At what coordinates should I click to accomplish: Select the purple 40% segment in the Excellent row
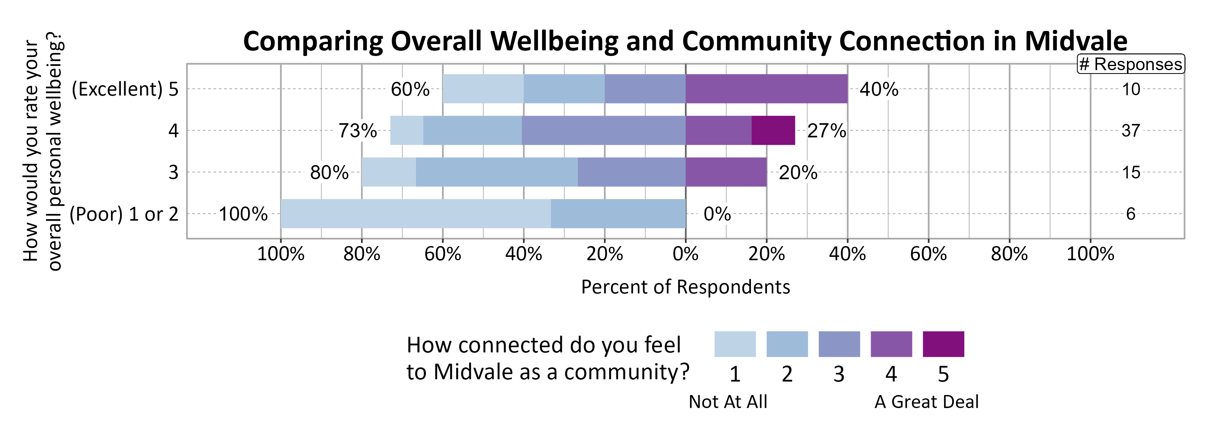coord(766,88)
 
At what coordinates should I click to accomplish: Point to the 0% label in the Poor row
coord(717,214)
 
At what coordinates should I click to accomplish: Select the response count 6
coord(1130,214)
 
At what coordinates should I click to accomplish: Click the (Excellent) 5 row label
coord(125,89)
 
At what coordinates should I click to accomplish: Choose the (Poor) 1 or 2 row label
coord(124,214)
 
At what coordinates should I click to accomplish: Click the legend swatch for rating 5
coord(943,344)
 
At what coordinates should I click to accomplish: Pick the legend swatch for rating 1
coord(734,344)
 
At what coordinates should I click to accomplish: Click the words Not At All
coord(727,402)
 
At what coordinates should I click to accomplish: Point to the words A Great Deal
coord(926,402)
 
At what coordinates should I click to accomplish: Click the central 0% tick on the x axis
coord(685,253)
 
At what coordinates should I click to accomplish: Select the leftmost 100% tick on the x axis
coord(281,253)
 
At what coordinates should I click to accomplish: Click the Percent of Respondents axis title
coord(685,287)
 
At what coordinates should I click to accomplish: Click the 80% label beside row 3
coord(329,172)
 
